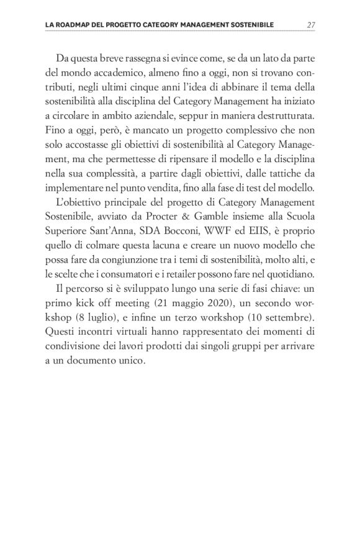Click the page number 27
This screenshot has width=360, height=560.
[x=312, y=25]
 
